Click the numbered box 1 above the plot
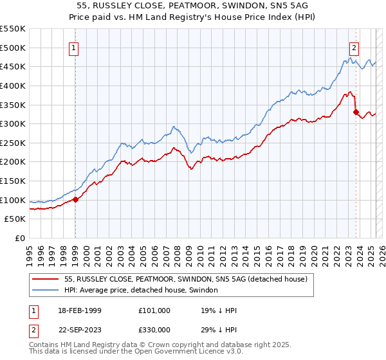[74, 47]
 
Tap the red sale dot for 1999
[75, 199]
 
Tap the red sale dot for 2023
[356, 112]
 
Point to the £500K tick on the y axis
[13, 48]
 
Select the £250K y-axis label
[13, 143]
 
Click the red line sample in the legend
[45, 279]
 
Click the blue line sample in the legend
[45, 290]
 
